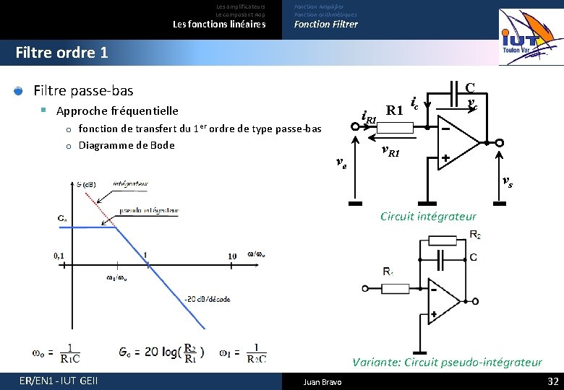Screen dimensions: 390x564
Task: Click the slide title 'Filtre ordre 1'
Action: pos(61,53)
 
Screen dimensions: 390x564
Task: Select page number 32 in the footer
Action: pos(553,381)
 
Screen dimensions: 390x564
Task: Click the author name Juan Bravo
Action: pos(322,381)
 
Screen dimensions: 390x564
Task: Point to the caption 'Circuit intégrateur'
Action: pos(427,216)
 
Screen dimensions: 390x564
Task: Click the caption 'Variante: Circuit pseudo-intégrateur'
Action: pos(447,362)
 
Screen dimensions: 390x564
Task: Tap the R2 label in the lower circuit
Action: pos(475,235)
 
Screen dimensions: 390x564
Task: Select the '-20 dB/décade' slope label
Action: pos(208,299)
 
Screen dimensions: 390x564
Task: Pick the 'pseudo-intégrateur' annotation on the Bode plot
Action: pos(150,210)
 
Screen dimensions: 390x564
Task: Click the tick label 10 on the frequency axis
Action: pos(232,256)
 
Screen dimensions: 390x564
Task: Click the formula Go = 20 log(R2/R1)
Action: pos(162,352)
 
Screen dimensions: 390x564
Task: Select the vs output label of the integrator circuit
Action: pos(508,183)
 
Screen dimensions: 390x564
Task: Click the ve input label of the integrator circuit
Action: pos(341,165)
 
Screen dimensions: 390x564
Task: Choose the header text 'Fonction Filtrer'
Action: pos(325,25)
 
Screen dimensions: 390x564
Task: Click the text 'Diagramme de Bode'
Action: pos(127,145)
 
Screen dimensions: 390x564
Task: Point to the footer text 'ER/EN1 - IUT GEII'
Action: pos(59,381)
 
